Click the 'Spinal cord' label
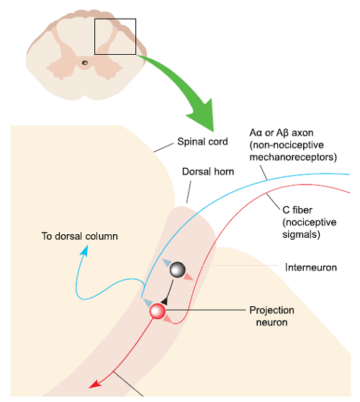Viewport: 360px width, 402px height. pyautogui.click(x=202, y=141)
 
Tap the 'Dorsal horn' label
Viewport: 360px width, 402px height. pyautogui.click(x=208, y=171)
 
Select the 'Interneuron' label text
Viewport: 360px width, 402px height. pyautogui.click(x=311, y=267)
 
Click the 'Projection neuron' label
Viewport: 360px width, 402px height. pyautogui.click(x=272, y=316)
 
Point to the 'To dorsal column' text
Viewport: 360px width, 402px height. pyautogui.click(x=80, y=236)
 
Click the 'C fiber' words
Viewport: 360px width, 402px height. pyautogui.click(x=297, y=210)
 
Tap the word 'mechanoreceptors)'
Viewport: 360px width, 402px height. pyautogui.click(x=293, y=157)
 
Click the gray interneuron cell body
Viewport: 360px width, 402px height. pyautogui.click(x=178, y=269)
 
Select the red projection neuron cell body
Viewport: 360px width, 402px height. pyautogui.click(x=158, y=311)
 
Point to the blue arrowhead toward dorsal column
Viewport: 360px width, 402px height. pyautogui.click(x=84, y=250)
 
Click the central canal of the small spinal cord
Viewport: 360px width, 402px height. pyautogui.click(x=84, y=63)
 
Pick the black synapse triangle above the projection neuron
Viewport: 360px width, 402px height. pyautogui.click(x=164, y=301)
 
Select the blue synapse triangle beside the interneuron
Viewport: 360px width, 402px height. pyautogui.click(x=166, y=262)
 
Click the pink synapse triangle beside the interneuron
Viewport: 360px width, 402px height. pyautogui.click(x=189, y=277)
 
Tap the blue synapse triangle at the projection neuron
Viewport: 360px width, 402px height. pyautogui.click(x=148, y=303)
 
